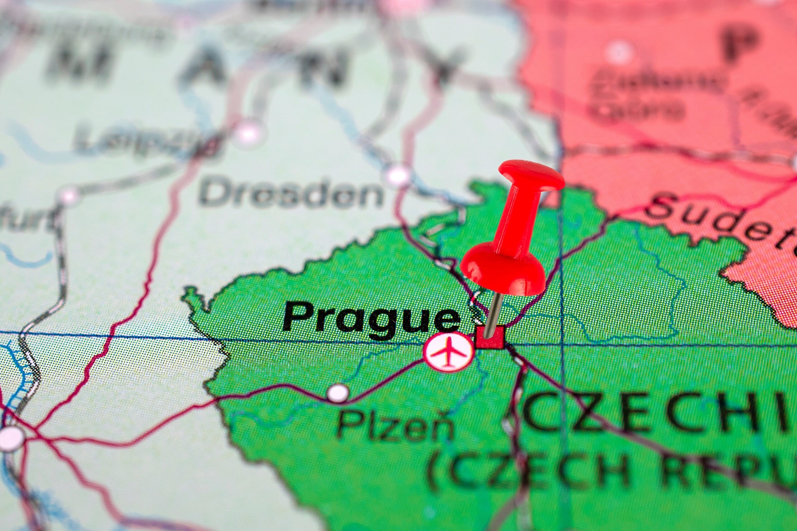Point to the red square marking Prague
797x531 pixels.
pyautogui.click(x=490, y=337)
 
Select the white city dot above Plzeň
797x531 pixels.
pyautogui.click(x=338, y=393)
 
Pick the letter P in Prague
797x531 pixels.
pyautogui.click(x=298, y=317)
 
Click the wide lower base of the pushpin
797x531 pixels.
pyautogui.click(x=503, y=271)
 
